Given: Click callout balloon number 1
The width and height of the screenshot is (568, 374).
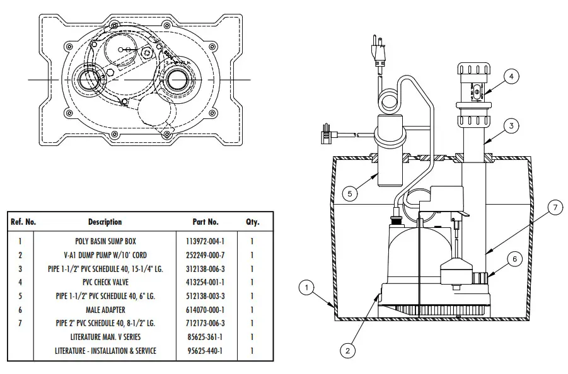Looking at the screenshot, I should click(x=306, y=288).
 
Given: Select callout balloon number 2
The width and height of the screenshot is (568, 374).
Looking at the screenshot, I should click(x=348, y=349).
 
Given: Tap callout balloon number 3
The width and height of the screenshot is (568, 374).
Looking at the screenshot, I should click(x=512, y=126).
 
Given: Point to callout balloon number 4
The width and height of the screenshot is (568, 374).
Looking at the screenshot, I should click(x=511, y=77).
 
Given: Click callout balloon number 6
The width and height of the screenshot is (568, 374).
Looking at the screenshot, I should click(x=514, y=258).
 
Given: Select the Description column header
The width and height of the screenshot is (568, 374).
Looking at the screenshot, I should click(x=105, y=222).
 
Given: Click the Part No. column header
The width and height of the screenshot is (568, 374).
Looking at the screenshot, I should click(x=205, y=222).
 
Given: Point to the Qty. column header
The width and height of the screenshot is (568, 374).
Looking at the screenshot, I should click(x=252, y=222).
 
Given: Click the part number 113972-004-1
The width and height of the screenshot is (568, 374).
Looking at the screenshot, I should click(x=205, y=241).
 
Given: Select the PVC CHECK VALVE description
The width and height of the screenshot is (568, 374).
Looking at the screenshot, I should click(x=105, y=283).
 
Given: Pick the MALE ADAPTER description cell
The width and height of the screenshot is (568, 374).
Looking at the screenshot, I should click(x=105, y=310).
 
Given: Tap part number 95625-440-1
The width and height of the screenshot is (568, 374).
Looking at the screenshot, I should click(x=205, y=351).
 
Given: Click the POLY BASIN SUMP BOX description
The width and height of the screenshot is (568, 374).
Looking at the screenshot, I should click(x=105, y=241).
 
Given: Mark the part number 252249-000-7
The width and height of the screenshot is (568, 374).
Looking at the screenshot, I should click(x=205, y=255).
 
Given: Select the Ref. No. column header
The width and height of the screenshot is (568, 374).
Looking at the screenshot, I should click(x=23, y=222).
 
